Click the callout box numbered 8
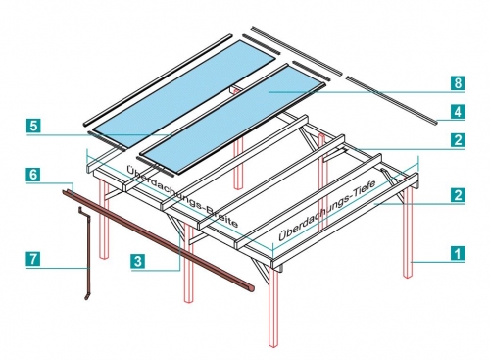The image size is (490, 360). [x=458, y=83]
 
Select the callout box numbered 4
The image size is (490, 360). [x=458, y=112]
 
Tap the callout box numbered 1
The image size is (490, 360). [x=458, y=253]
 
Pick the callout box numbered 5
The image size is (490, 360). [x=33, y=126]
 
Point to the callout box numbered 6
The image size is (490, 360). [x=33, y=175]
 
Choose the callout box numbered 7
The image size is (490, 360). [x=33, y=259]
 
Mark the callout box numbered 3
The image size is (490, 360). [x=138, y=261]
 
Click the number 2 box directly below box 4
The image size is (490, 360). [x=458, y=140]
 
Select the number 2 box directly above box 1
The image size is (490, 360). [x=458, y=195]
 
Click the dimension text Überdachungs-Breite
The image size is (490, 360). [x=181, y=196]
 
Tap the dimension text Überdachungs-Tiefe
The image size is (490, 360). [x=326, y=210]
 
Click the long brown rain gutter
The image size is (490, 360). [x=158, y=240]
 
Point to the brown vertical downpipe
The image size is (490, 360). [x=87, y=253]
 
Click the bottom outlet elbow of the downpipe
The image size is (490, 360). [x=87, y=296]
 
